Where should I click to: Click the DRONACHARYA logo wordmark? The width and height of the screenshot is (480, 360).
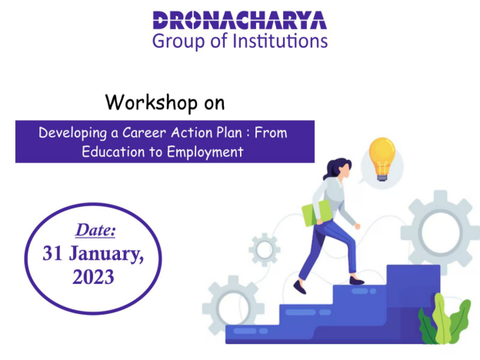[240, 20]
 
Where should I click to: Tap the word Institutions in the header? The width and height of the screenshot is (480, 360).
[280, 41]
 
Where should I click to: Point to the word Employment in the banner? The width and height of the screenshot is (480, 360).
[205, 152]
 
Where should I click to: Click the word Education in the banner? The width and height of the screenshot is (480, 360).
[113, 152]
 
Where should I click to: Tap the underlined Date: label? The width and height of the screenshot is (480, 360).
[95, 230]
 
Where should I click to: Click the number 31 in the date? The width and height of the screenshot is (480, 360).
[52, 254]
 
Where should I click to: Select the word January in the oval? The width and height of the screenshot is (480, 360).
[106, 255]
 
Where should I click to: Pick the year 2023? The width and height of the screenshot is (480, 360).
[93, 277]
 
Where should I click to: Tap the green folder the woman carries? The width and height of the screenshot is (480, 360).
[316, 213]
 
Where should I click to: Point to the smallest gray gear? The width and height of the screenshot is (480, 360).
[265, 250]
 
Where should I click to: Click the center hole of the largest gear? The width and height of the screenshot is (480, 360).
[441, 232]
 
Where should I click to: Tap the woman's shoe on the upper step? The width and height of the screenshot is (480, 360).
[357, 281]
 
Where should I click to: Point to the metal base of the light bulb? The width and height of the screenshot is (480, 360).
[382, 178]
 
